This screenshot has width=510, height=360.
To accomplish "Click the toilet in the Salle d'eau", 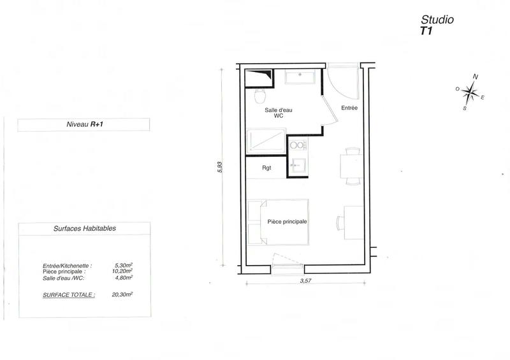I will (259, 96).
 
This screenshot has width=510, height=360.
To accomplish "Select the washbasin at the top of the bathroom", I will (300, 78).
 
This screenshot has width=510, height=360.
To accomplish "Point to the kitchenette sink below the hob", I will (297, 165).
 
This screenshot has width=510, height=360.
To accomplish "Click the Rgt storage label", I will (267, 169).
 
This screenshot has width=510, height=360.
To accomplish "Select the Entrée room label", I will (349, 108).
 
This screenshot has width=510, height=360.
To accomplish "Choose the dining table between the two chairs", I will (351, 166).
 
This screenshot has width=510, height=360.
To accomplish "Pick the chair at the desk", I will (340, 222).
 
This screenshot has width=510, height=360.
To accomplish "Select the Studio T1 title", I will (437, 24).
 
